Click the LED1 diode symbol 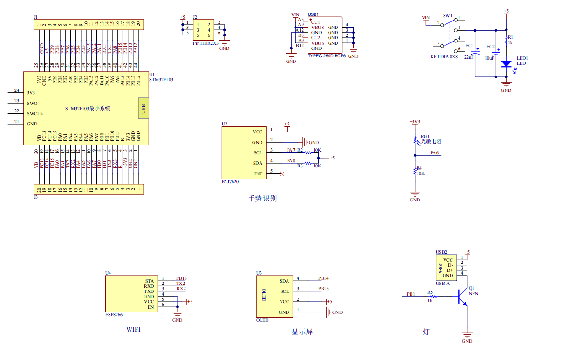506,64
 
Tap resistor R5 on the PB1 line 432,296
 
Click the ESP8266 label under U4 114,315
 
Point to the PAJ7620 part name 230,182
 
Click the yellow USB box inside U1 144,109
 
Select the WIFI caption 133,330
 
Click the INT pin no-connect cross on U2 281,173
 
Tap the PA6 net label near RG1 434,153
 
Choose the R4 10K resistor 415,172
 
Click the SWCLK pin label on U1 35,114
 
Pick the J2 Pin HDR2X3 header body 204,30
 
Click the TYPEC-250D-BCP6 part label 327,55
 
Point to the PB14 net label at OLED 323,278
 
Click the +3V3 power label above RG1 415,122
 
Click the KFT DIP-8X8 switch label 444,56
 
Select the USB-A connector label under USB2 442,283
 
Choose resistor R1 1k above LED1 506,40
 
